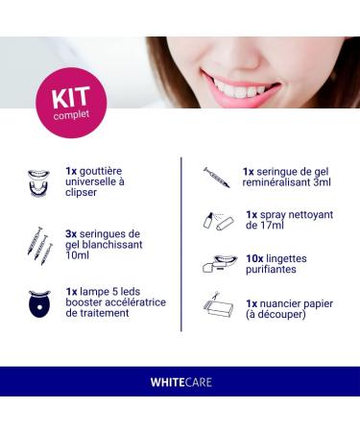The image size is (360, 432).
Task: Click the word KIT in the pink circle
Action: point(71,98)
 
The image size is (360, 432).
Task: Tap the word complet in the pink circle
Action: point(71,115)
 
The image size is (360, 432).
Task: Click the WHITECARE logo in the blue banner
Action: point(181,382)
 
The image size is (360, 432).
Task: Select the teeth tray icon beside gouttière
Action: point(38,183)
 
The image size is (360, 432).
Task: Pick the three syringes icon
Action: point(40,246)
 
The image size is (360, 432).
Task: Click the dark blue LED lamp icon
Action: point(39,303)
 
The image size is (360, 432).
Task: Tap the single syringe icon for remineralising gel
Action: point(217,178)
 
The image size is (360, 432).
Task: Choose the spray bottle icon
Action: point(219,221)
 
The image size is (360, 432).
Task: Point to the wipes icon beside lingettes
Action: point(220,264)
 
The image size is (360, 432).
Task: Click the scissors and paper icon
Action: point(218,303)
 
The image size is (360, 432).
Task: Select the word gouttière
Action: point(101,172)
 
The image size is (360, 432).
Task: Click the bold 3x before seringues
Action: point(71,234)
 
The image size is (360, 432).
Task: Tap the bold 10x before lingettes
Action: point(254,258)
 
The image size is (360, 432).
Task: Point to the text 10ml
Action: point(77,255)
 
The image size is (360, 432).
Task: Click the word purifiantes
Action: point(271,270)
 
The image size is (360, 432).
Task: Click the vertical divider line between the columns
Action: point(181,244)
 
